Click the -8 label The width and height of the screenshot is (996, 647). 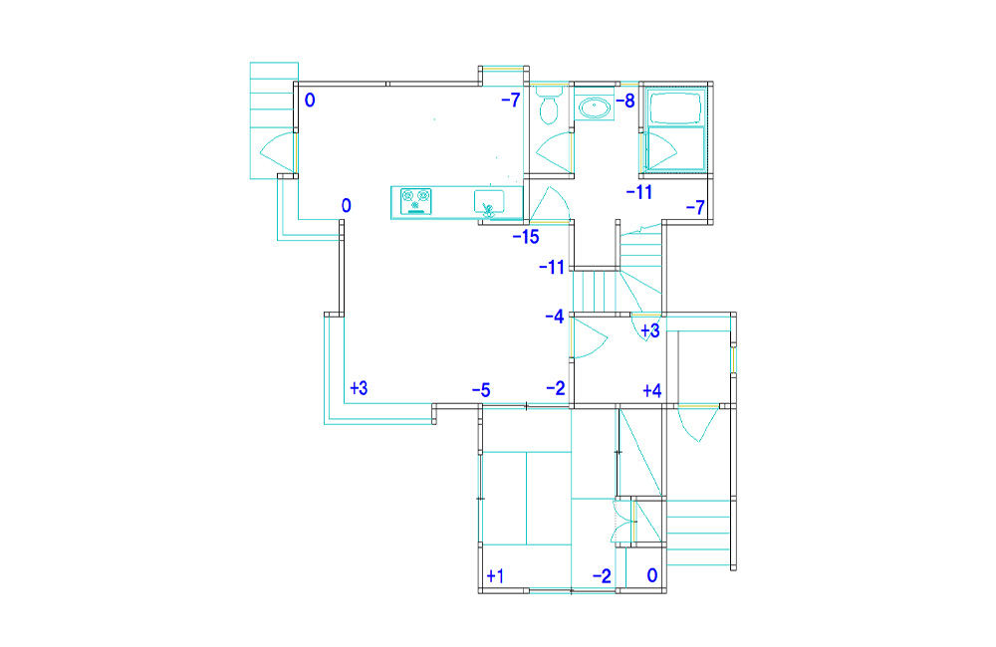pos(625,101)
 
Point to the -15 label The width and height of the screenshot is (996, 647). pos(526,238)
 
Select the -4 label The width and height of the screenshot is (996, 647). pos(555,317)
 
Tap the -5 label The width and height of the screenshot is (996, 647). pos(481,390)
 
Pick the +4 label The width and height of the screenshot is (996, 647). pos(652,390)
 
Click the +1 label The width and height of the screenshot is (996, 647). pos(495,576)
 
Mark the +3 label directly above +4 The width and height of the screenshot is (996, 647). pos(650,330)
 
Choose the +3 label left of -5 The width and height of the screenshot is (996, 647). pos(359,388)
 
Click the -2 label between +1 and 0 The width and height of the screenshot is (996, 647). pos(602,576)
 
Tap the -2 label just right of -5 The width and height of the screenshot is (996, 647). pos(555,388)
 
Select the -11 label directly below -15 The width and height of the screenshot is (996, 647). pos(552,268)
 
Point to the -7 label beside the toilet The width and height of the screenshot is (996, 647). pos(511,100)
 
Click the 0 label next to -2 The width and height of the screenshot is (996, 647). pos(652,575)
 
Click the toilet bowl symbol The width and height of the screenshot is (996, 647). pos(549,110)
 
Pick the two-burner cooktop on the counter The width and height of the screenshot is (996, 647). pos(416,201)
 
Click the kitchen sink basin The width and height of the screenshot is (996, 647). pos(489,202)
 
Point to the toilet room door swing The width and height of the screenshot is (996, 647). pos(554,153)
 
